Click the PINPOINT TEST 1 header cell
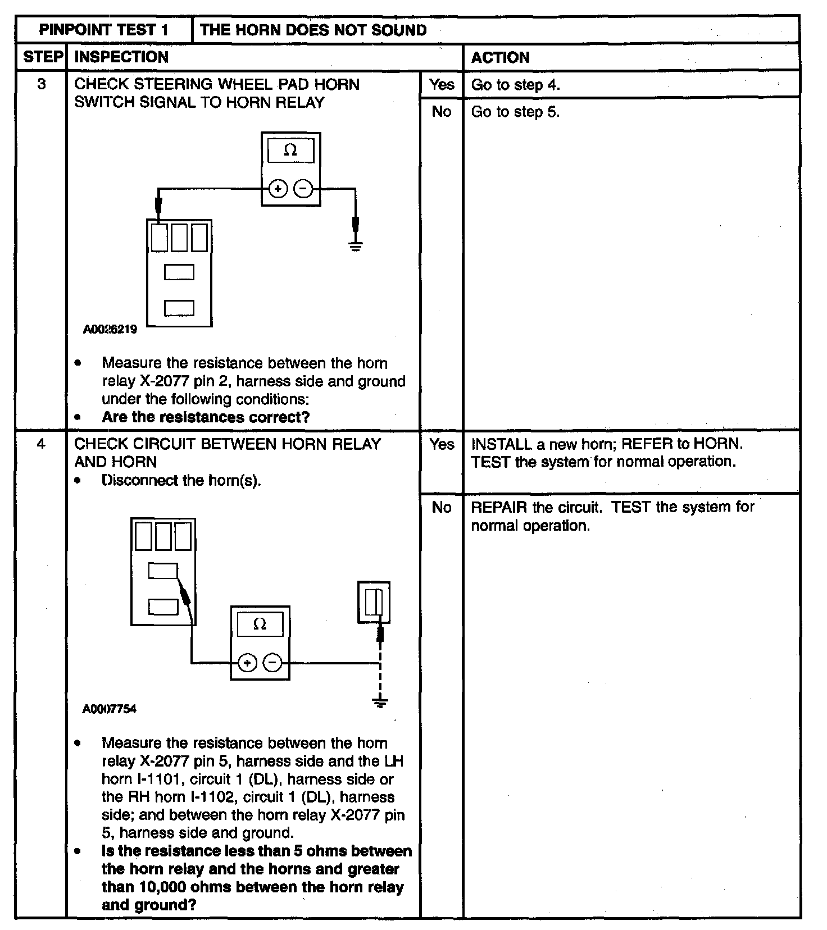pos(104,30)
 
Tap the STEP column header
pos(42,57)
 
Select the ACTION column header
pos(500,57)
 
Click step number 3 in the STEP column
pos(41,84)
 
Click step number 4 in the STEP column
pos(41,444)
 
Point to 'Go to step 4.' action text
pos(515,85)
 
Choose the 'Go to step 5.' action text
pos(515,112)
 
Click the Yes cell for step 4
pos(442,444)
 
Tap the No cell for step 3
pos(442,112)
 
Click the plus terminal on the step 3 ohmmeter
pos(278,189)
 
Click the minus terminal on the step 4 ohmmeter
pos(272,663)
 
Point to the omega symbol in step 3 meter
pos(290,150)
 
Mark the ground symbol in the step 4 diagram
pos(380,702)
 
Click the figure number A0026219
pos(110,330)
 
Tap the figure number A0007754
pos(110,709)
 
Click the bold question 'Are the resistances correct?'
pos(206,417)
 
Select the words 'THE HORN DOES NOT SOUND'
pos(313,30)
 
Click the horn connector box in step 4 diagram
pos(374,603)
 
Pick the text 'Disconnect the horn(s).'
pos(181,481)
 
